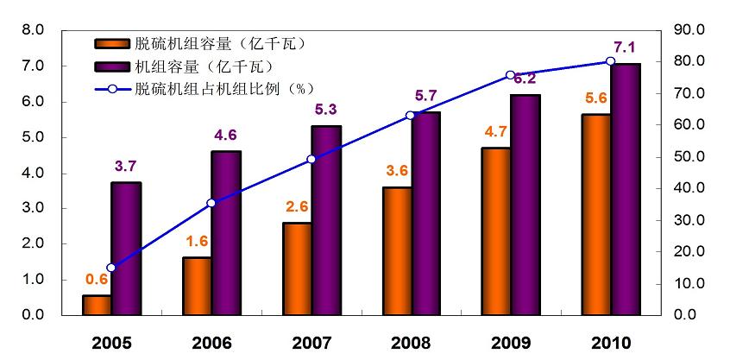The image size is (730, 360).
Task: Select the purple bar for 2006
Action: pos(226,233)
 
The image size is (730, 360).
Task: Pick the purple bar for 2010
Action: pos(626,189)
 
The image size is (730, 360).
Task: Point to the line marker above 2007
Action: pos(312,159)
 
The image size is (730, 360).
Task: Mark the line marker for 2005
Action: pos(111,268)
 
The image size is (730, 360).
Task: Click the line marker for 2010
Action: pos(610,61)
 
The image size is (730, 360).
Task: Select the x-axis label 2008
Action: pos(412,342)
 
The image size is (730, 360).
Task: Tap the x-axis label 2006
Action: pos(212,342)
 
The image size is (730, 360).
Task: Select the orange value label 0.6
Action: pos(96,279)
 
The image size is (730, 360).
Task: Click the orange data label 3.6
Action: pos(396,170)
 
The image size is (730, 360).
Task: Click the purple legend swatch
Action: pos(112,66)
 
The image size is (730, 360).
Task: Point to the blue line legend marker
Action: pos(112,88)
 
